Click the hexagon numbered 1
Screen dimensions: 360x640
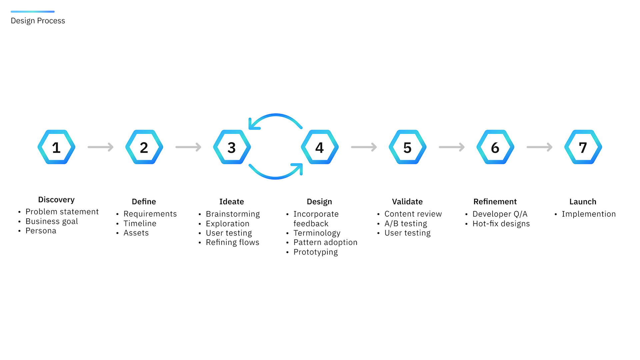click(56, 147)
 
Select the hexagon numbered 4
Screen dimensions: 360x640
click(320, 147)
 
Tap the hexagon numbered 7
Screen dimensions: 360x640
click(583, 147)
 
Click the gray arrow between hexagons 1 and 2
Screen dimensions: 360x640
click(101, 147)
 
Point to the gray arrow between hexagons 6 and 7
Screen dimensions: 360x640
click(539, 147)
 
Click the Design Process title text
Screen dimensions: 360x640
click(38, 21)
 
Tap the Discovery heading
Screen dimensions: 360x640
click(56, 200)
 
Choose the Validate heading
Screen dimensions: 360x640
click(407, 202)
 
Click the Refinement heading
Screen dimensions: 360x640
click(495, 202)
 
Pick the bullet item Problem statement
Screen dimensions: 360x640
click(62, 212)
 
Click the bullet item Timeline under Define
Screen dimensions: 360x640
click(140, 223)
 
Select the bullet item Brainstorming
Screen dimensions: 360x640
click(233, 214)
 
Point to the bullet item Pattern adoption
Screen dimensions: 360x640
click(325, 242)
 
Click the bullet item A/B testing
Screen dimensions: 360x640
click(406, 223)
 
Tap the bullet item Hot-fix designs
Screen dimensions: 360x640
click(501, 223)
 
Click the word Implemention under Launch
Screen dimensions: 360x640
click(588, 214)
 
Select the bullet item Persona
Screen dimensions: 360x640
click(41, 231)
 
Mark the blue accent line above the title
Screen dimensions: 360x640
click(33, 12)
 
